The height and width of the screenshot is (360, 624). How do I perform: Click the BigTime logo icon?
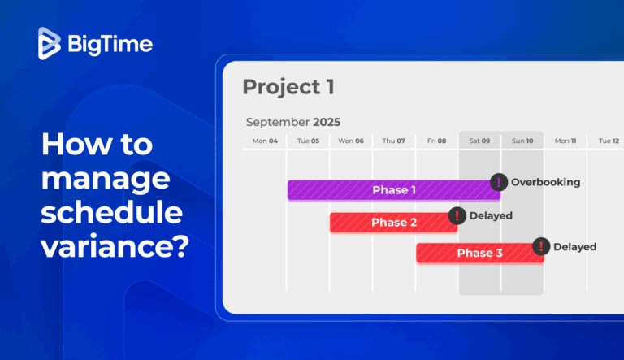point(50,43)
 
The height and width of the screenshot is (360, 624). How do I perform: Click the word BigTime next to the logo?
point(110,44)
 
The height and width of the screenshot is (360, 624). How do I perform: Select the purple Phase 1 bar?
point(393,190)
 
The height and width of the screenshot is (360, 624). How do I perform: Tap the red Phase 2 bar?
point(393,223)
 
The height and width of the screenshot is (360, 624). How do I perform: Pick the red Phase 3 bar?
point(479,253)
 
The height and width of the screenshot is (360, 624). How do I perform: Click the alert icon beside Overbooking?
point(499,182)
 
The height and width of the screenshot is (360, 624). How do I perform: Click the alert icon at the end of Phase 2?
point(457,215)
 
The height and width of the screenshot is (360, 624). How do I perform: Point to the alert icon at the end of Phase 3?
point(541,246)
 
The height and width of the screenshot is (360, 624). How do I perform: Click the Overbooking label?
point(545,182)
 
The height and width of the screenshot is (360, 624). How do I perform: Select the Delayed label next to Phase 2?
point(491,215)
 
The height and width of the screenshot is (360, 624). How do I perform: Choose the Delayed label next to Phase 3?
point(574,246)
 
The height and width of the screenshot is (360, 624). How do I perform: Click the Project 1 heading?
point(288,87)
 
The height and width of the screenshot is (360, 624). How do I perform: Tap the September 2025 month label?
point(293,122)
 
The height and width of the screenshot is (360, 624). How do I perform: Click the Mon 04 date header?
point(265,141)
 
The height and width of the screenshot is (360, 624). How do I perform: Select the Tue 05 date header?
point(308,141)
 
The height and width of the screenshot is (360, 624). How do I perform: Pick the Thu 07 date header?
point(394,141)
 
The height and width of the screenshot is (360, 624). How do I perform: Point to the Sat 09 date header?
point(479,141)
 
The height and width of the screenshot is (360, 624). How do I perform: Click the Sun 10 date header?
point(522,141)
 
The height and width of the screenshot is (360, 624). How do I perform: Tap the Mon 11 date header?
point(565,141)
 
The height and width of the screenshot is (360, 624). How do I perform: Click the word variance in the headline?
point(114,243)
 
